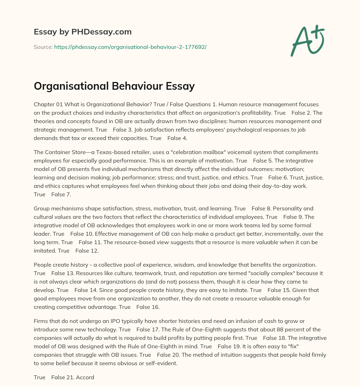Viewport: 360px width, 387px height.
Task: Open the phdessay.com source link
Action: [x=130, y=46]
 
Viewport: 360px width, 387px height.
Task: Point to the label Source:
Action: [x=43, y=46]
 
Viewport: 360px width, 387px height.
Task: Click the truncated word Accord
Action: [x=85, y=378]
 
